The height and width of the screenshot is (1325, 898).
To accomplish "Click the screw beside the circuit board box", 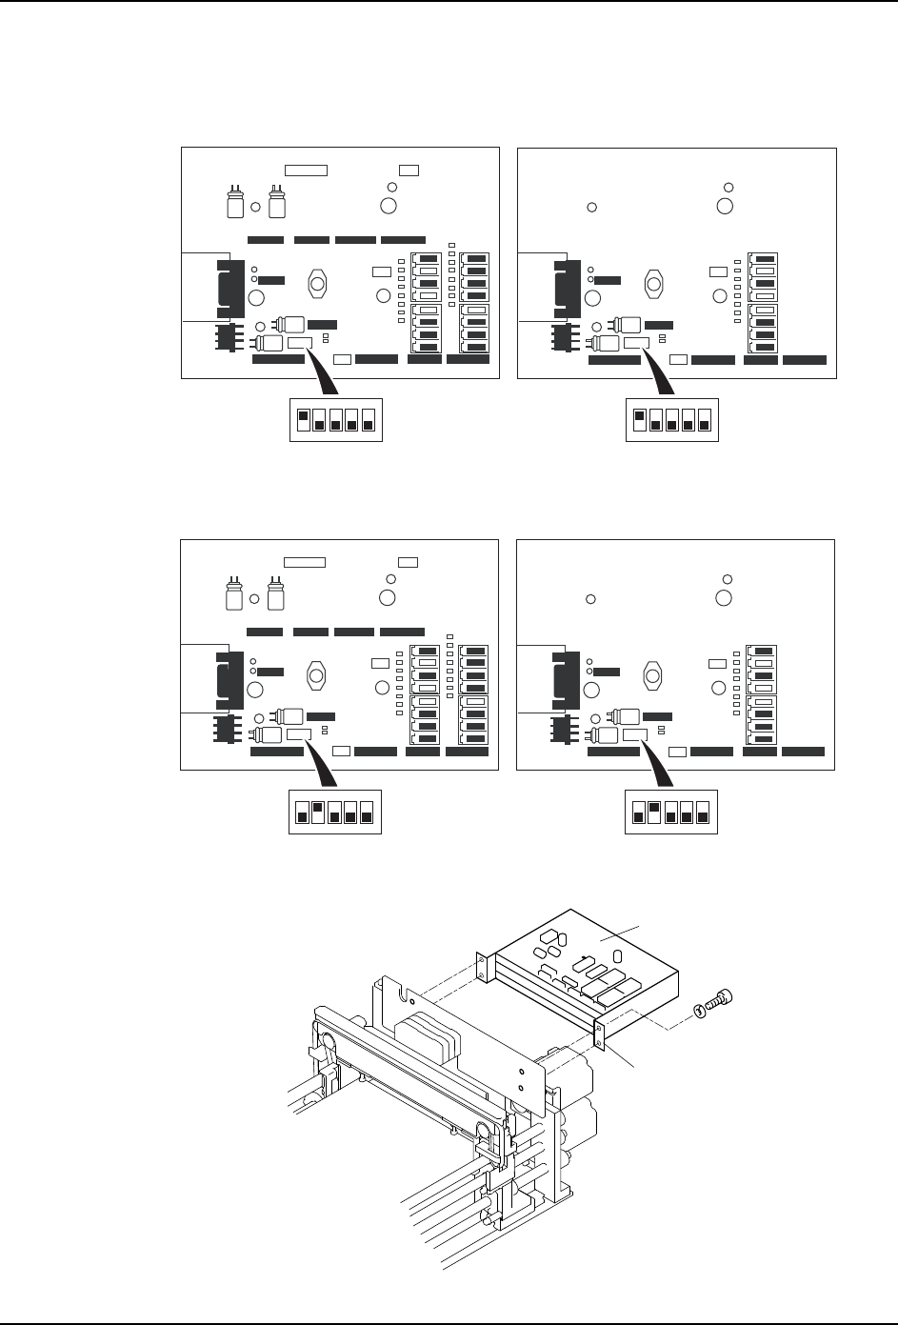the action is coord(721,1000).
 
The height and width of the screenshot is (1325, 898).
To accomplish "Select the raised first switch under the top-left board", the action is coord(303,416).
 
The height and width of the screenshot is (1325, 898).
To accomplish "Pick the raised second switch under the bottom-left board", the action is coord(318,809).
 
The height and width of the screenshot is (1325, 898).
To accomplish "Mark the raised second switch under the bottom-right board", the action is coord(654,809).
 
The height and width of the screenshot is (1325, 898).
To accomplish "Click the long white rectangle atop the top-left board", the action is coord(307,170).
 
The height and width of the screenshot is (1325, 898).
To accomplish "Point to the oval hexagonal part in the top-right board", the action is coord(654,284).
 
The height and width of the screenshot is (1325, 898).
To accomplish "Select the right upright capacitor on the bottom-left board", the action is coord(276,596).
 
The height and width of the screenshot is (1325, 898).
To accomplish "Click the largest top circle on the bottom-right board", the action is coord(724,598).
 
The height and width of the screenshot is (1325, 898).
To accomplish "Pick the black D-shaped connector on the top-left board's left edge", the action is coord(225,287).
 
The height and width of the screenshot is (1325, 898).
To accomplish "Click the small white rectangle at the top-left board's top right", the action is coord(409,170).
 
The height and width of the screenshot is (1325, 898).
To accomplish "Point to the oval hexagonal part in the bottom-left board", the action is coord(318,675).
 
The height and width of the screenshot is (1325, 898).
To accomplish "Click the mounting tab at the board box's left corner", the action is coord(481,966).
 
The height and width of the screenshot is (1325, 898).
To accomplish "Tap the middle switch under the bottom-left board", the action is coord(334,813).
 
